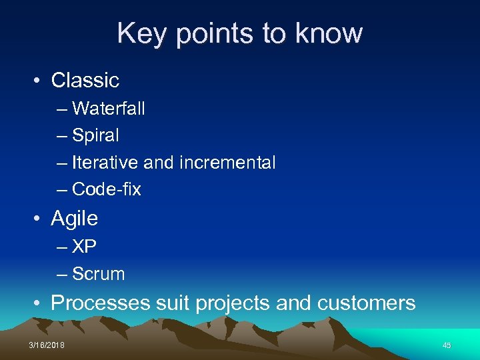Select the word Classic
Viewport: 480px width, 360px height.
[x=85, y=81]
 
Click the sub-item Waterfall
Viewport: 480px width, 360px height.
[x=109, y=108]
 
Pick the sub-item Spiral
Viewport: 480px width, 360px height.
[x=96, y=135]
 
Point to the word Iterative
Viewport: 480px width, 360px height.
[x=103, y=162]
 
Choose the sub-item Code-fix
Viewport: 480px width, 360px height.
[x=107, y=189]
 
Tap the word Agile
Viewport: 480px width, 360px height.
[x=75, y=219]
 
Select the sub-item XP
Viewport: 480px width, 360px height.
[x=85, y=247]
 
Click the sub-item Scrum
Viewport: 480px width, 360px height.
[x=99, y=274]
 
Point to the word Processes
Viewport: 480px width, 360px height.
[x=101, y=303]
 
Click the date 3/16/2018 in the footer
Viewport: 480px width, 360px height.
[x=47, y=345]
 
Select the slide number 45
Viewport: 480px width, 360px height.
[x=447, y=345]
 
